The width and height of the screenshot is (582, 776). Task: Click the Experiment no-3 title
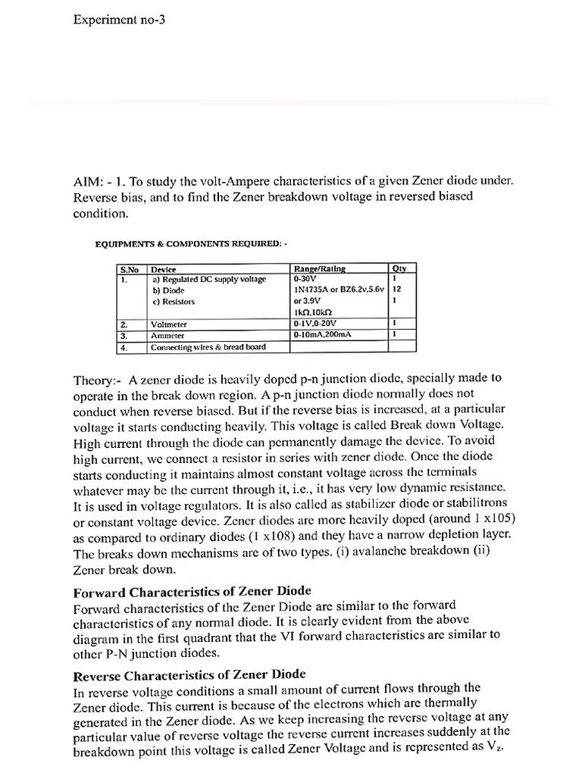[118, 20]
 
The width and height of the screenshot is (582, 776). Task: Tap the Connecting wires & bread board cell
[208, 348]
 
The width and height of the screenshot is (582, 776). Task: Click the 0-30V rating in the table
[306, 279]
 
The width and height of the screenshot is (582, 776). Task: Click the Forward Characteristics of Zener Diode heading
[192, 591]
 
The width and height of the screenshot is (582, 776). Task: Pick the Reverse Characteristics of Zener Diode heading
[189, 674]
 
